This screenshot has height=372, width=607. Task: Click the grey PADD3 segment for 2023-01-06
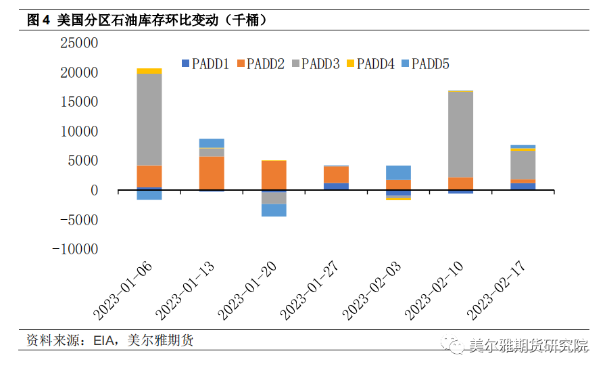pyautogui.click(x=149, y=119)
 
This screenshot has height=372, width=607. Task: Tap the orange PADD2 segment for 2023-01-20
pyautogui.click(x=274, y=175)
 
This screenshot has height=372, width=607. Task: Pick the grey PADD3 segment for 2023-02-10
pyautogui.click(x=460, y=134)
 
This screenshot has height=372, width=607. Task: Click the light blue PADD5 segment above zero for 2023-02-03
pyautogui.click(x=398, y=172)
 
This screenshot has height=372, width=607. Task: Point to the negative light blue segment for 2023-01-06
pyautogui.click(x=149, y=195)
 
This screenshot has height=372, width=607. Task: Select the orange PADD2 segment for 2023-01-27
pyautogui.click(x=336, y=175)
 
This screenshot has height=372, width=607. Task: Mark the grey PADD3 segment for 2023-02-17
pyautogui.click(x=523, y=165)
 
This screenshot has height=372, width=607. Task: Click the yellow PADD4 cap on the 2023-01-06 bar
pyautogui.click(x=149, y=71)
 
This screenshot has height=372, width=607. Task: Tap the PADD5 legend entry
pyautogui.click(x=424, y=64)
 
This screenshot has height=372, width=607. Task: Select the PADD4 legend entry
pyautogui.click(x=370, y=64)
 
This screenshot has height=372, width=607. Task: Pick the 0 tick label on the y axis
pyautogui.click(x=94, y=191)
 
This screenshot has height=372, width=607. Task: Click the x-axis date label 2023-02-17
pyautogui.click(x=497, y=292)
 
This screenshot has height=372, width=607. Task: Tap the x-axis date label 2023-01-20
pyautogui.click(x=249, y=292)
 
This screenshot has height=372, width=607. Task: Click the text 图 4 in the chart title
pyautogui.click(x=39, y=20)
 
